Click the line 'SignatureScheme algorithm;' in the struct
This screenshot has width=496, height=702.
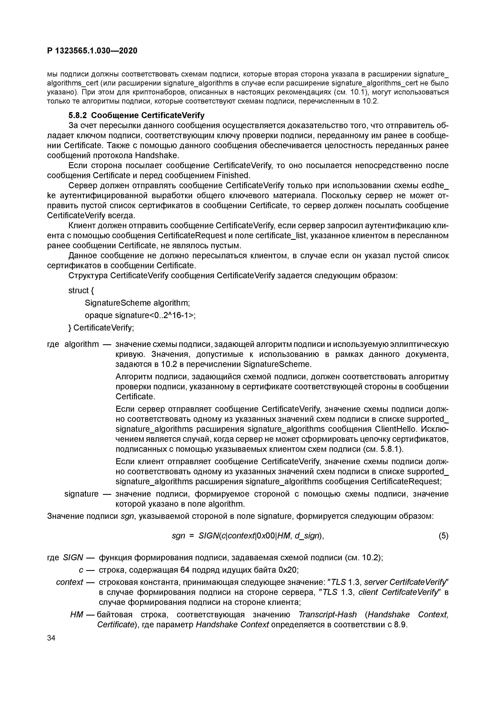pyautogui.click(x=137, y=303)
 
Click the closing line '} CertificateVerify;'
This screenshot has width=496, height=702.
pyautogui.click(x=101, y=328)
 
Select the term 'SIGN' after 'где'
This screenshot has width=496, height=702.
pyautogui.click(x=73, y=557)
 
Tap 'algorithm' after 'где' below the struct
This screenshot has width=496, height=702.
pyautogui.click(x=82, y=344)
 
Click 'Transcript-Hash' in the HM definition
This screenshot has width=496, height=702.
pyautogui.click(x=328, y=614)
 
